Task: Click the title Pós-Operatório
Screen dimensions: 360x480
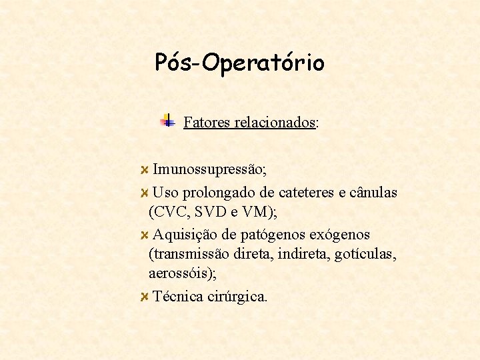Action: [239, 62]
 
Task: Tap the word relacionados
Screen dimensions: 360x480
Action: [275, 123]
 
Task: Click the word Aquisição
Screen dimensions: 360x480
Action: [183, 235]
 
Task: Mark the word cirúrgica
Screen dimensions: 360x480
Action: [238, 297]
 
